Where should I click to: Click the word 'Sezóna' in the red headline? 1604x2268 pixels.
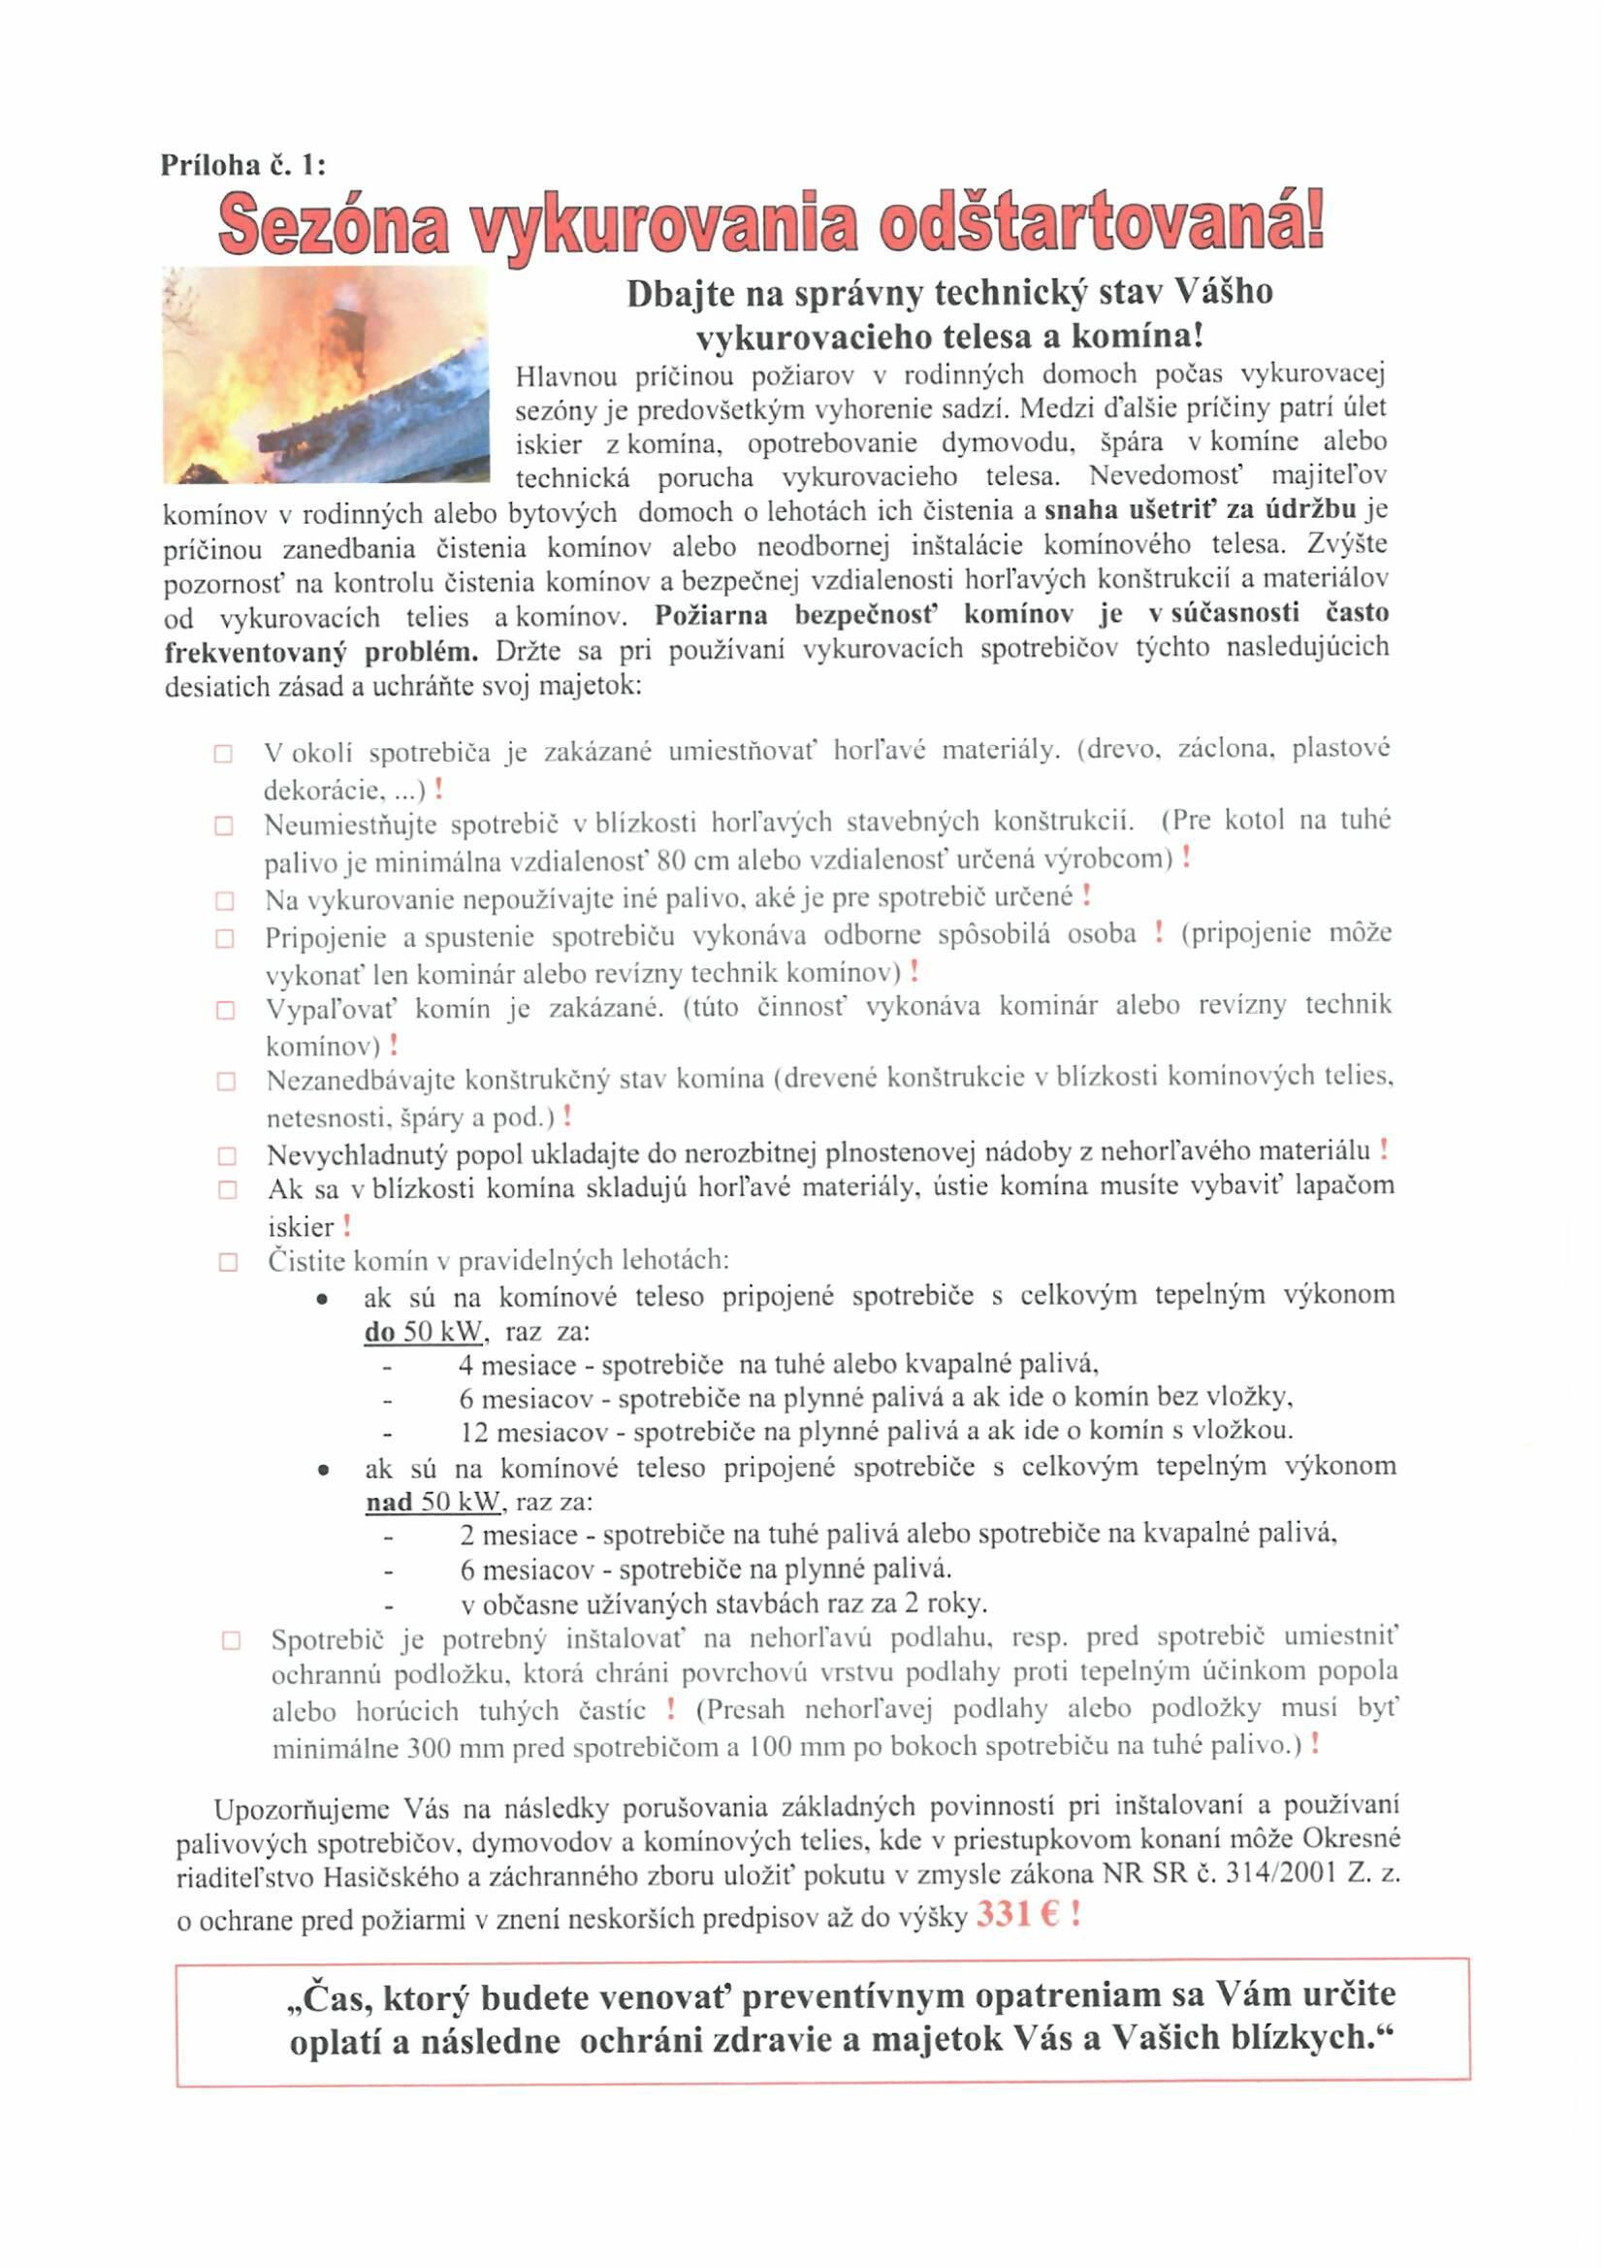coord(333,224)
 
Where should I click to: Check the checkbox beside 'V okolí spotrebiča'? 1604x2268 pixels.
coord(223,755)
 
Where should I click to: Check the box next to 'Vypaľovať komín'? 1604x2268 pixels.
coord(225,1010)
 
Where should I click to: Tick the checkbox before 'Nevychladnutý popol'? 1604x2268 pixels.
coord(226,1154)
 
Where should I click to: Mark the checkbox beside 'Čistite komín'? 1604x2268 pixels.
coord(228,1261)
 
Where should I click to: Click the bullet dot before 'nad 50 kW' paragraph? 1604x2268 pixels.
coord(323,1470)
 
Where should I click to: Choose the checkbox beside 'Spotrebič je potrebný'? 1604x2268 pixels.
coord(231,1640)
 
